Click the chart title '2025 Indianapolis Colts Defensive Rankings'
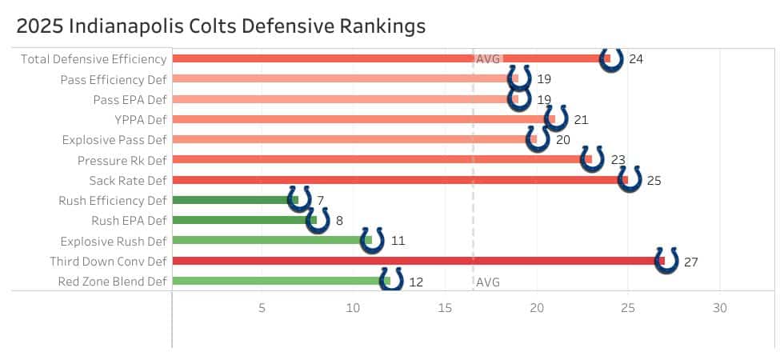(220, 26)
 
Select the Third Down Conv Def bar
(416, 261)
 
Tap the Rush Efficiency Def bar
(232, 200)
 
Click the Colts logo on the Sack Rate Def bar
(630, 179)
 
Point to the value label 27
(692, 262)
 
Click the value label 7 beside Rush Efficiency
(320, 200)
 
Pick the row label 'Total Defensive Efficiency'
(94, 59)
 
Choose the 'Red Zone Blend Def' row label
(113, 282)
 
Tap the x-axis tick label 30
(720, 308)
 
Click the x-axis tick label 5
(262, 308)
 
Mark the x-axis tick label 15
(446, 308)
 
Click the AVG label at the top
(488, 59)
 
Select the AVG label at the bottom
(488, 282)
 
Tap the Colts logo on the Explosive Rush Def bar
(372, 240)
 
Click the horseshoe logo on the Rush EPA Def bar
(318, 220)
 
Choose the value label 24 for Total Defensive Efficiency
(636, 59)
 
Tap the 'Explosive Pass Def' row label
(114, 140)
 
